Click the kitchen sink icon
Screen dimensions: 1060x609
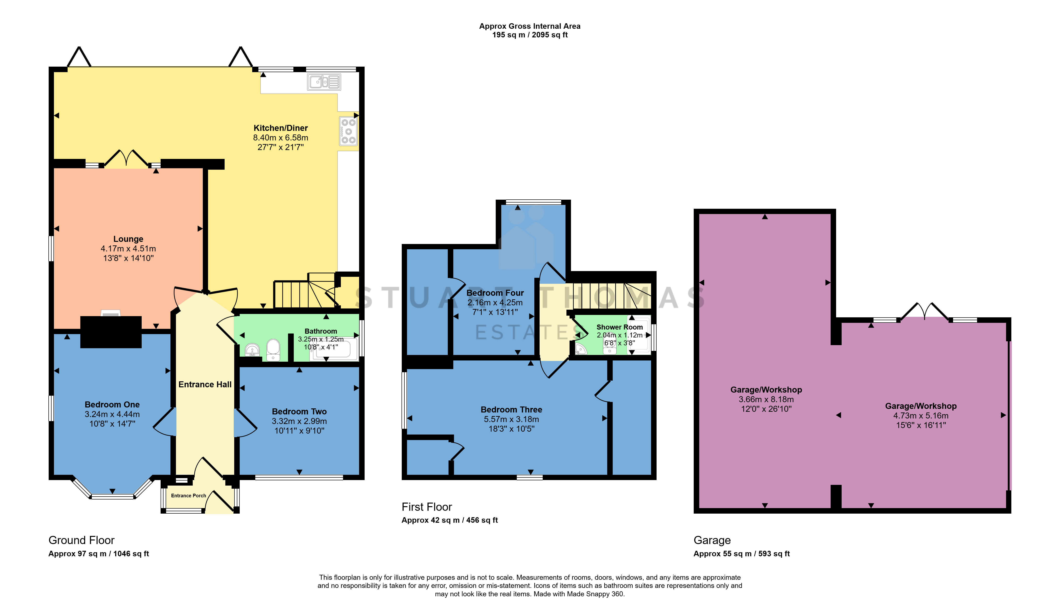(324, 82)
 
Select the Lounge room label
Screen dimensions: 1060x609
(128, 239)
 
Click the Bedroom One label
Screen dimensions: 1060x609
(112, 405)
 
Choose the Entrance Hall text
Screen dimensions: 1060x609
(205, 384)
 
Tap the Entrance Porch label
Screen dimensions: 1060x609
(189, 496)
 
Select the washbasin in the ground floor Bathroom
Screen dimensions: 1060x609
(252, 349)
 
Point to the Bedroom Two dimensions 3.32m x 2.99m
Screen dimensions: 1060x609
(299, 421)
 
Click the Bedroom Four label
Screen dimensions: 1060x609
(495, 293)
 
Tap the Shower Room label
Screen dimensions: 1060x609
(619, 327)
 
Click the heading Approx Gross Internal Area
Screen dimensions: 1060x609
(530, 26)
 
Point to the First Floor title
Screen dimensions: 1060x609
(427, 507)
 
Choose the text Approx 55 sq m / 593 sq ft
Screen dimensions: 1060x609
(742, 554)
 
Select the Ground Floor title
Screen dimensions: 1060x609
(82, 540)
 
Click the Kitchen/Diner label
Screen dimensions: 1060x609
(281, 128)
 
